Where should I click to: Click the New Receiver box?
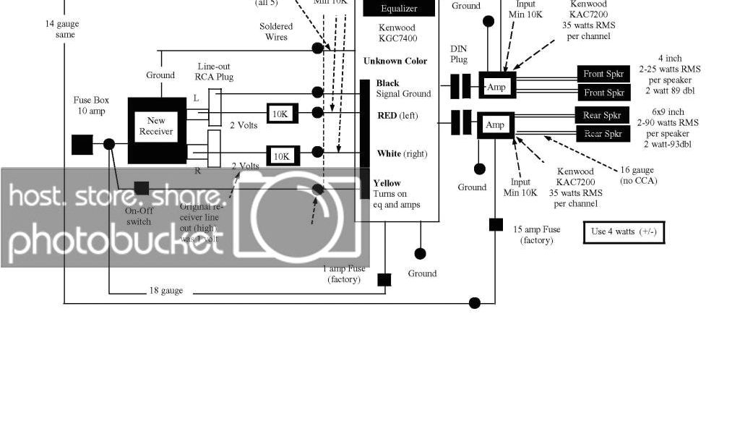click(157, 127)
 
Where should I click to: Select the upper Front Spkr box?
click(604, 74)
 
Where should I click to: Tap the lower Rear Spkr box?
click(603, 134)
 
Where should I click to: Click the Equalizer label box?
click(399, 9)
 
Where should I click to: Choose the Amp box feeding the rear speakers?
click(495, 125)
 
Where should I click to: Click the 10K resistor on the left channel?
click(282, 114)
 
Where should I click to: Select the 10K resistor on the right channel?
click(282, 156)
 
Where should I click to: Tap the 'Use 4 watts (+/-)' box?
click(624, 232)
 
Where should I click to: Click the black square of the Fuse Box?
click(82, 144)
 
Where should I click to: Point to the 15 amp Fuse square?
click(496, 225)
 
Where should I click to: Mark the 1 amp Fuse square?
click(384, 280)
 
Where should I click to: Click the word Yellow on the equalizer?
click(387, 183)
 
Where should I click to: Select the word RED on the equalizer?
click(387, 116)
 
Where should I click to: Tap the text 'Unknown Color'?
click(395, 61)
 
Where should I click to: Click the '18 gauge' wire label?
click(166, 291)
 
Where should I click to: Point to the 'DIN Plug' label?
click(459, 54)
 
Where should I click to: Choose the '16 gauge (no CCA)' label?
click(638, 176)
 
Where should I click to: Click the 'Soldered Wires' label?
click(276, 32)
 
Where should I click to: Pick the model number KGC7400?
click(398, 38)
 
